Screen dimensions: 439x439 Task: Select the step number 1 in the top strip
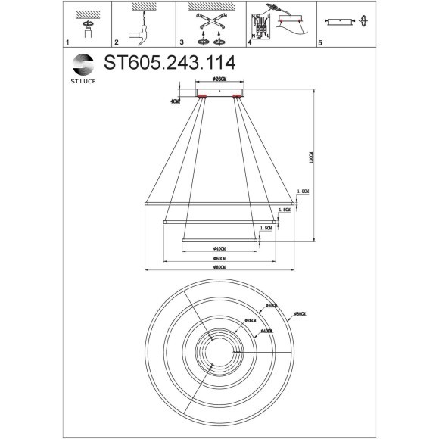(67, 44)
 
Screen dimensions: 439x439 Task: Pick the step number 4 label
(249, 43)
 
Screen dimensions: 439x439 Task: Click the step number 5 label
(320, 44)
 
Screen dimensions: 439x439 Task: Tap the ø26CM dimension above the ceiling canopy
(219, 79)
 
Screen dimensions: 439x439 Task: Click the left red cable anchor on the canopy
(202, 96)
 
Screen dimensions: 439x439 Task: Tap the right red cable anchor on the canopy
(237, 96)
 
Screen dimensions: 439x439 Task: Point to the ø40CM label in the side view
(219, 248)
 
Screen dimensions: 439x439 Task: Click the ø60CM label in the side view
(219, 259)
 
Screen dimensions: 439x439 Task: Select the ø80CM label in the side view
(219, 269)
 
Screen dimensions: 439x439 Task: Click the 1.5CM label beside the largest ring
(303, 192)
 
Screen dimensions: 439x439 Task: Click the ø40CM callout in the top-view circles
(266, 331)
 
